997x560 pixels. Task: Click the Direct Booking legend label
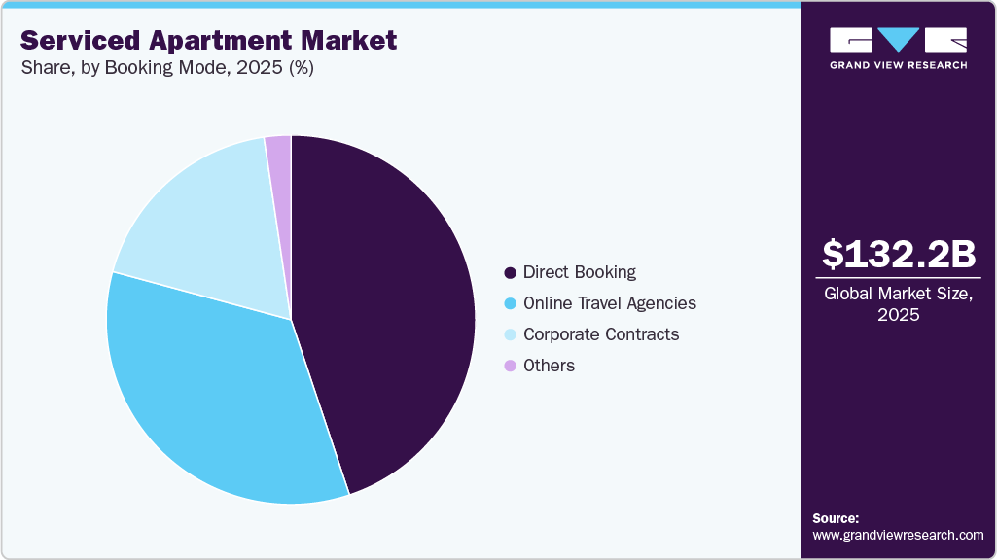(x=579, y=272)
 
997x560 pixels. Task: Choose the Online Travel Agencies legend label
(x=609, y=303)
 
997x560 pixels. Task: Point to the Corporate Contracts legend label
(x=600, y=334)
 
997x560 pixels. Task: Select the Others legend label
(x=549, y=366)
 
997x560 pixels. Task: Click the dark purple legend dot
(x=510, y=273)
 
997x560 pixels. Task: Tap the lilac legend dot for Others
(x=510, y=367)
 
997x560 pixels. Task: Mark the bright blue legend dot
(x=510, y=304)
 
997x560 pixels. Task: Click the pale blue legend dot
(x=510, y=335)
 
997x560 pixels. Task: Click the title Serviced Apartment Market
(x=209, y=40)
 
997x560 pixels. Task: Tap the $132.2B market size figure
(x=898, y=254)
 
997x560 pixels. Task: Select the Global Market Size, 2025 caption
(x=898, y=303)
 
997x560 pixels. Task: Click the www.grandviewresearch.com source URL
(x=898, y=535)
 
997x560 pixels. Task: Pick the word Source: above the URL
(x=836, y=518)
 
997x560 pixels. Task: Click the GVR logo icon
(x=898, y=40)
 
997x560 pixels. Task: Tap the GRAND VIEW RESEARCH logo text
(x=898, y=65)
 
